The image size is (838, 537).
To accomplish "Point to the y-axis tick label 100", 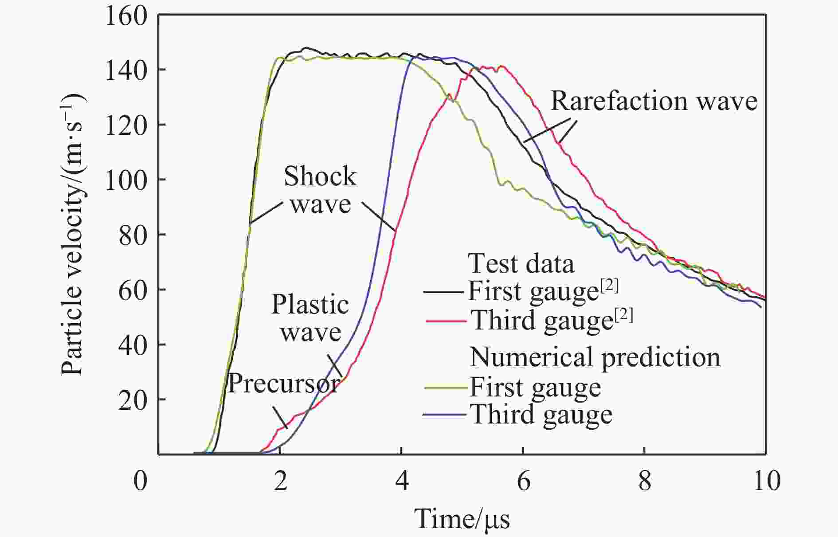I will (126, 180).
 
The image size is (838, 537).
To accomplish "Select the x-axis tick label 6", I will (523, 481).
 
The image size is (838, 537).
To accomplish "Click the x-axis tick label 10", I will (766, 481).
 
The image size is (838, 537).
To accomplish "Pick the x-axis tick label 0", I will (140, 481).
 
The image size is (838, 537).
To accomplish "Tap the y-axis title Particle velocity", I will (73, 235).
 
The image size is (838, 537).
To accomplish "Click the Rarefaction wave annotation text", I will (654, 101).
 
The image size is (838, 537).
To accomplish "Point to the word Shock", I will (320, 176).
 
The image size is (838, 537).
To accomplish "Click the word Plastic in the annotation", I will (310, 305).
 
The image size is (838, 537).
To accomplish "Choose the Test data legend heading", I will (521, 264).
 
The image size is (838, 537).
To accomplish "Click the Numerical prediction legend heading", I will (595, 357).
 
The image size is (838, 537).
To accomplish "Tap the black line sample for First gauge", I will (445, 292).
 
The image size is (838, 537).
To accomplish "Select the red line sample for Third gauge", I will (446, 321).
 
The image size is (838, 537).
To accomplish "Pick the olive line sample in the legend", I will (446, 387).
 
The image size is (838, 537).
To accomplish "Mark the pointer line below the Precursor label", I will (280, 417).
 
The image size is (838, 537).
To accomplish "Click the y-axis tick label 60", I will (133, 290).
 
